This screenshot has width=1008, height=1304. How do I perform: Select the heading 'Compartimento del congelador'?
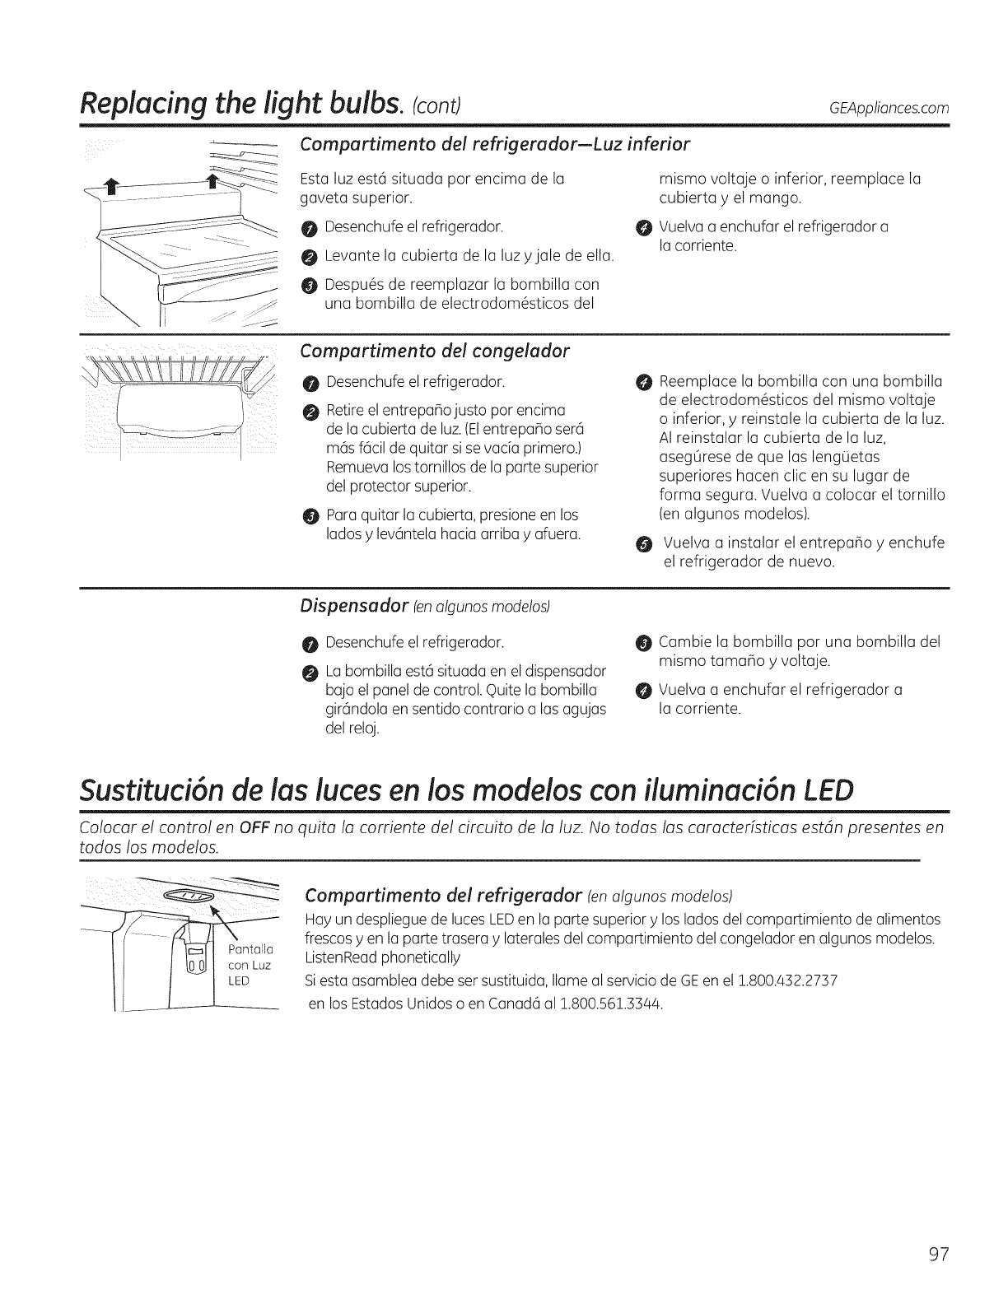pyautogui.click(x=435, y=351)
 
